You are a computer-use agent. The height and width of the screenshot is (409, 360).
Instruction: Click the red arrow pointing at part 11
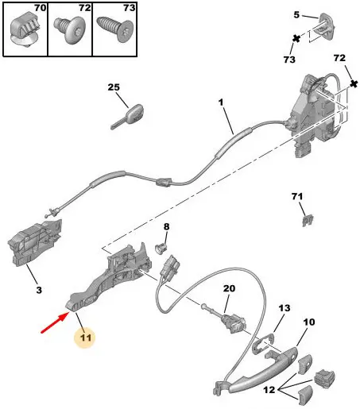point(55,322)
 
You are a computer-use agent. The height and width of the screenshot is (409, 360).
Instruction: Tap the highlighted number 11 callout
point(85,338)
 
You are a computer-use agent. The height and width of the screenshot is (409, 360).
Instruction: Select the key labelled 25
point(127,117)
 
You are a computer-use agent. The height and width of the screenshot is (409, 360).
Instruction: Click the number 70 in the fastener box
point(40,8)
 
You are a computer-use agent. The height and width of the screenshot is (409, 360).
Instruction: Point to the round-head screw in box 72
point(68,29)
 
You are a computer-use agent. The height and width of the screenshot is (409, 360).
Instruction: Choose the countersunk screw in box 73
point(114,29)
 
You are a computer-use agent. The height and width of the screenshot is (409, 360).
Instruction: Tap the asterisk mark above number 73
point(296,39)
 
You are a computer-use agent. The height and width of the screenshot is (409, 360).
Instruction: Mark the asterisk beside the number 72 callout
point(354,84)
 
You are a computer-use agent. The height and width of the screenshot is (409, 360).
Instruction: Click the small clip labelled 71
point(308,221)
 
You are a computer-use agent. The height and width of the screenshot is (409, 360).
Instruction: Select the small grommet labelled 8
point(161,249)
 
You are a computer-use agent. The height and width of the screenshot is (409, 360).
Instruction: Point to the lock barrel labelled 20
point(230,322)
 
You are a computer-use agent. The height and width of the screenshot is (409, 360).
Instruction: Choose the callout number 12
point(269,390)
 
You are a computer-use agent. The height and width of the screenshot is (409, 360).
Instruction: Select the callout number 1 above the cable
point(221,102)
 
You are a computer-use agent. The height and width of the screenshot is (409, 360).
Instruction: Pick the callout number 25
point(114,87)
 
